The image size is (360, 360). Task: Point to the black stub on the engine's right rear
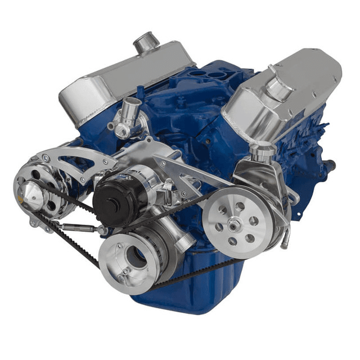click(332, 165)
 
